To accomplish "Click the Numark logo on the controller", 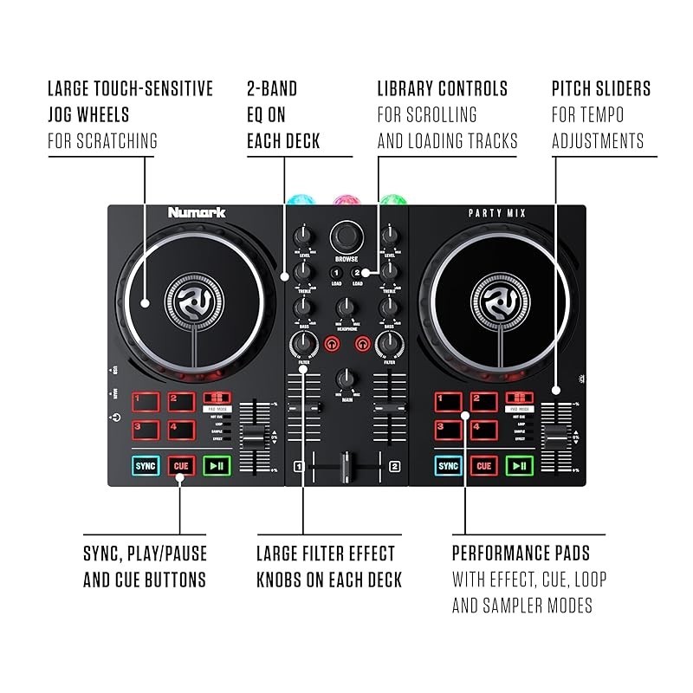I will (x=197, y=212).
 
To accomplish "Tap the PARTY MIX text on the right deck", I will (x=497, y=213).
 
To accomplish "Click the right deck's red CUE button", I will (x=483, y=466).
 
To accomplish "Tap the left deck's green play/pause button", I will (x=217, y=466).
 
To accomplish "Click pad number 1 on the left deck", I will (x=146, y=401).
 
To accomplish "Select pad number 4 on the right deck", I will (x=483, y=428).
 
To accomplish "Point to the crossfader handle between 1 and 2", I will (x=347, y=465).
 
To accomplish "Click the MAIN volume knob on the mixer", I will (x=346, y=379).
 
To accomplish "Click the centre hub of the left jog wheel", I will (x=195, y=301).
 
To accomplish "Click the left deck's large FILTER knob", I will (x=303, y=345).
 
